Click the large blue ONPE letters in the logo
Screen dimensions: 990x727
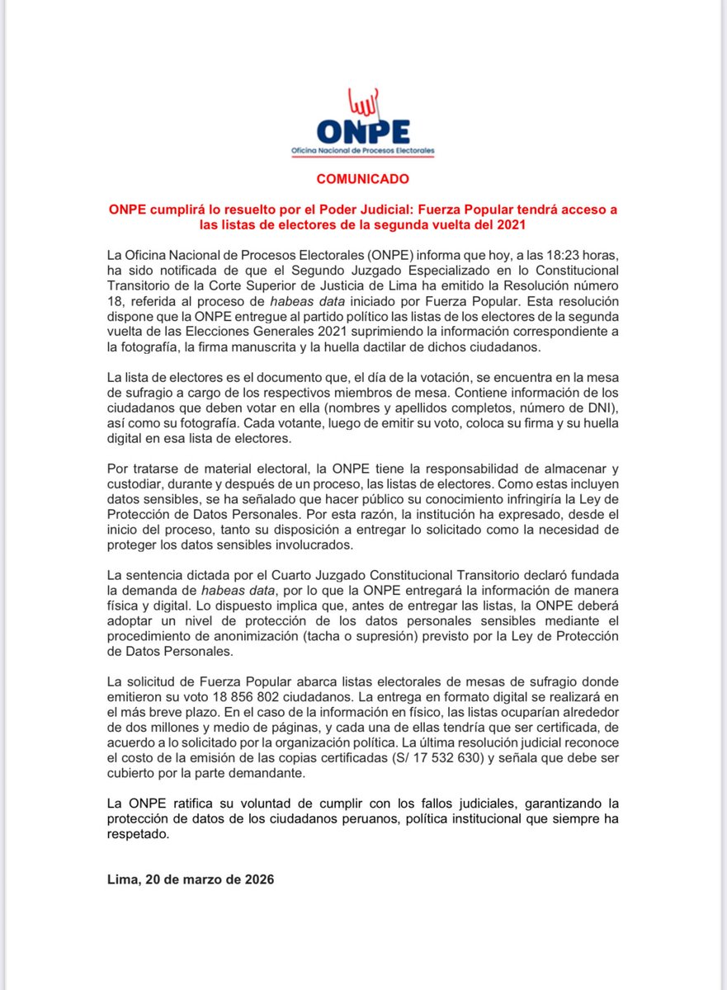[362, 133]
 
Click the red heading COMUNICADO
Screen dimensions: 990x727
[363, 178]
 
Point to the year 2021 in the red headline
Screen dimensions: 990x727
[512, 224]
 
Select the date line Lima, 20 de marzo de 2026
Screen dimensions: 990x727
[191, 879]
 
